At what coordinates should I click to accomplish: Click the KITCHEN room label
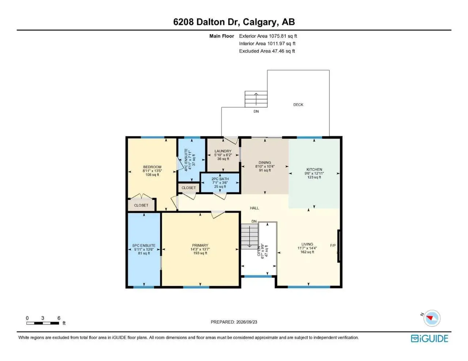point(314,169)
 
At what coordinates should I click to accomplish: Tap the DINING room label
point(265,162)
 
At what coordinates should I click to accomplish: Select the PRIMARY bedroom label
point(200,245)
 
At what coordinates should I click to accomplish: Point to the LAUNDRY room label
point(223,151)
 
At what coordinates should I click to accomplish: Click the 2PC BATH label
point(220,178)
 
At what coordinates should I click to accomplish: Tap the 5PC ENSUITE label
point(144,245)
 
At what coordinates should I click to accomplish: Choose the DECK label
point(298,105)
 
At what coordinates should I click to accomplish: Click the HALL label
point(254,208)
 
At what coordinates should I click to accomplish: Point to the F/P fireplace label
point(333,245)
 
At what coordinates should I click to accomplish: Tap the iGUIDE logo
point(430,339)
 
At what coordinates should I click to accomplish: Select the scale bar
point(43,323)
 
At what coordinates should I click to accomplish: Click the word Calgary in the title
point(260,22)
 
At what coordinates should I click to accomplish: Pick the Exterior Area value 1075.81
point(278,36)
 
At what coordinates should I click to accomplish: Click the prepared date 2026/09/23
point(246,322)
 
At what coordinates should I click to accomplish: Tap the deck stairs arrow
point(256,100)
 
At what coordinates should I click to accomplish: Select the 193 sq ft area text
point(200,253)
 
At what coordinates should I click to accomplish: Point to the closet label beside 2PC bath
point(189,188)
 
